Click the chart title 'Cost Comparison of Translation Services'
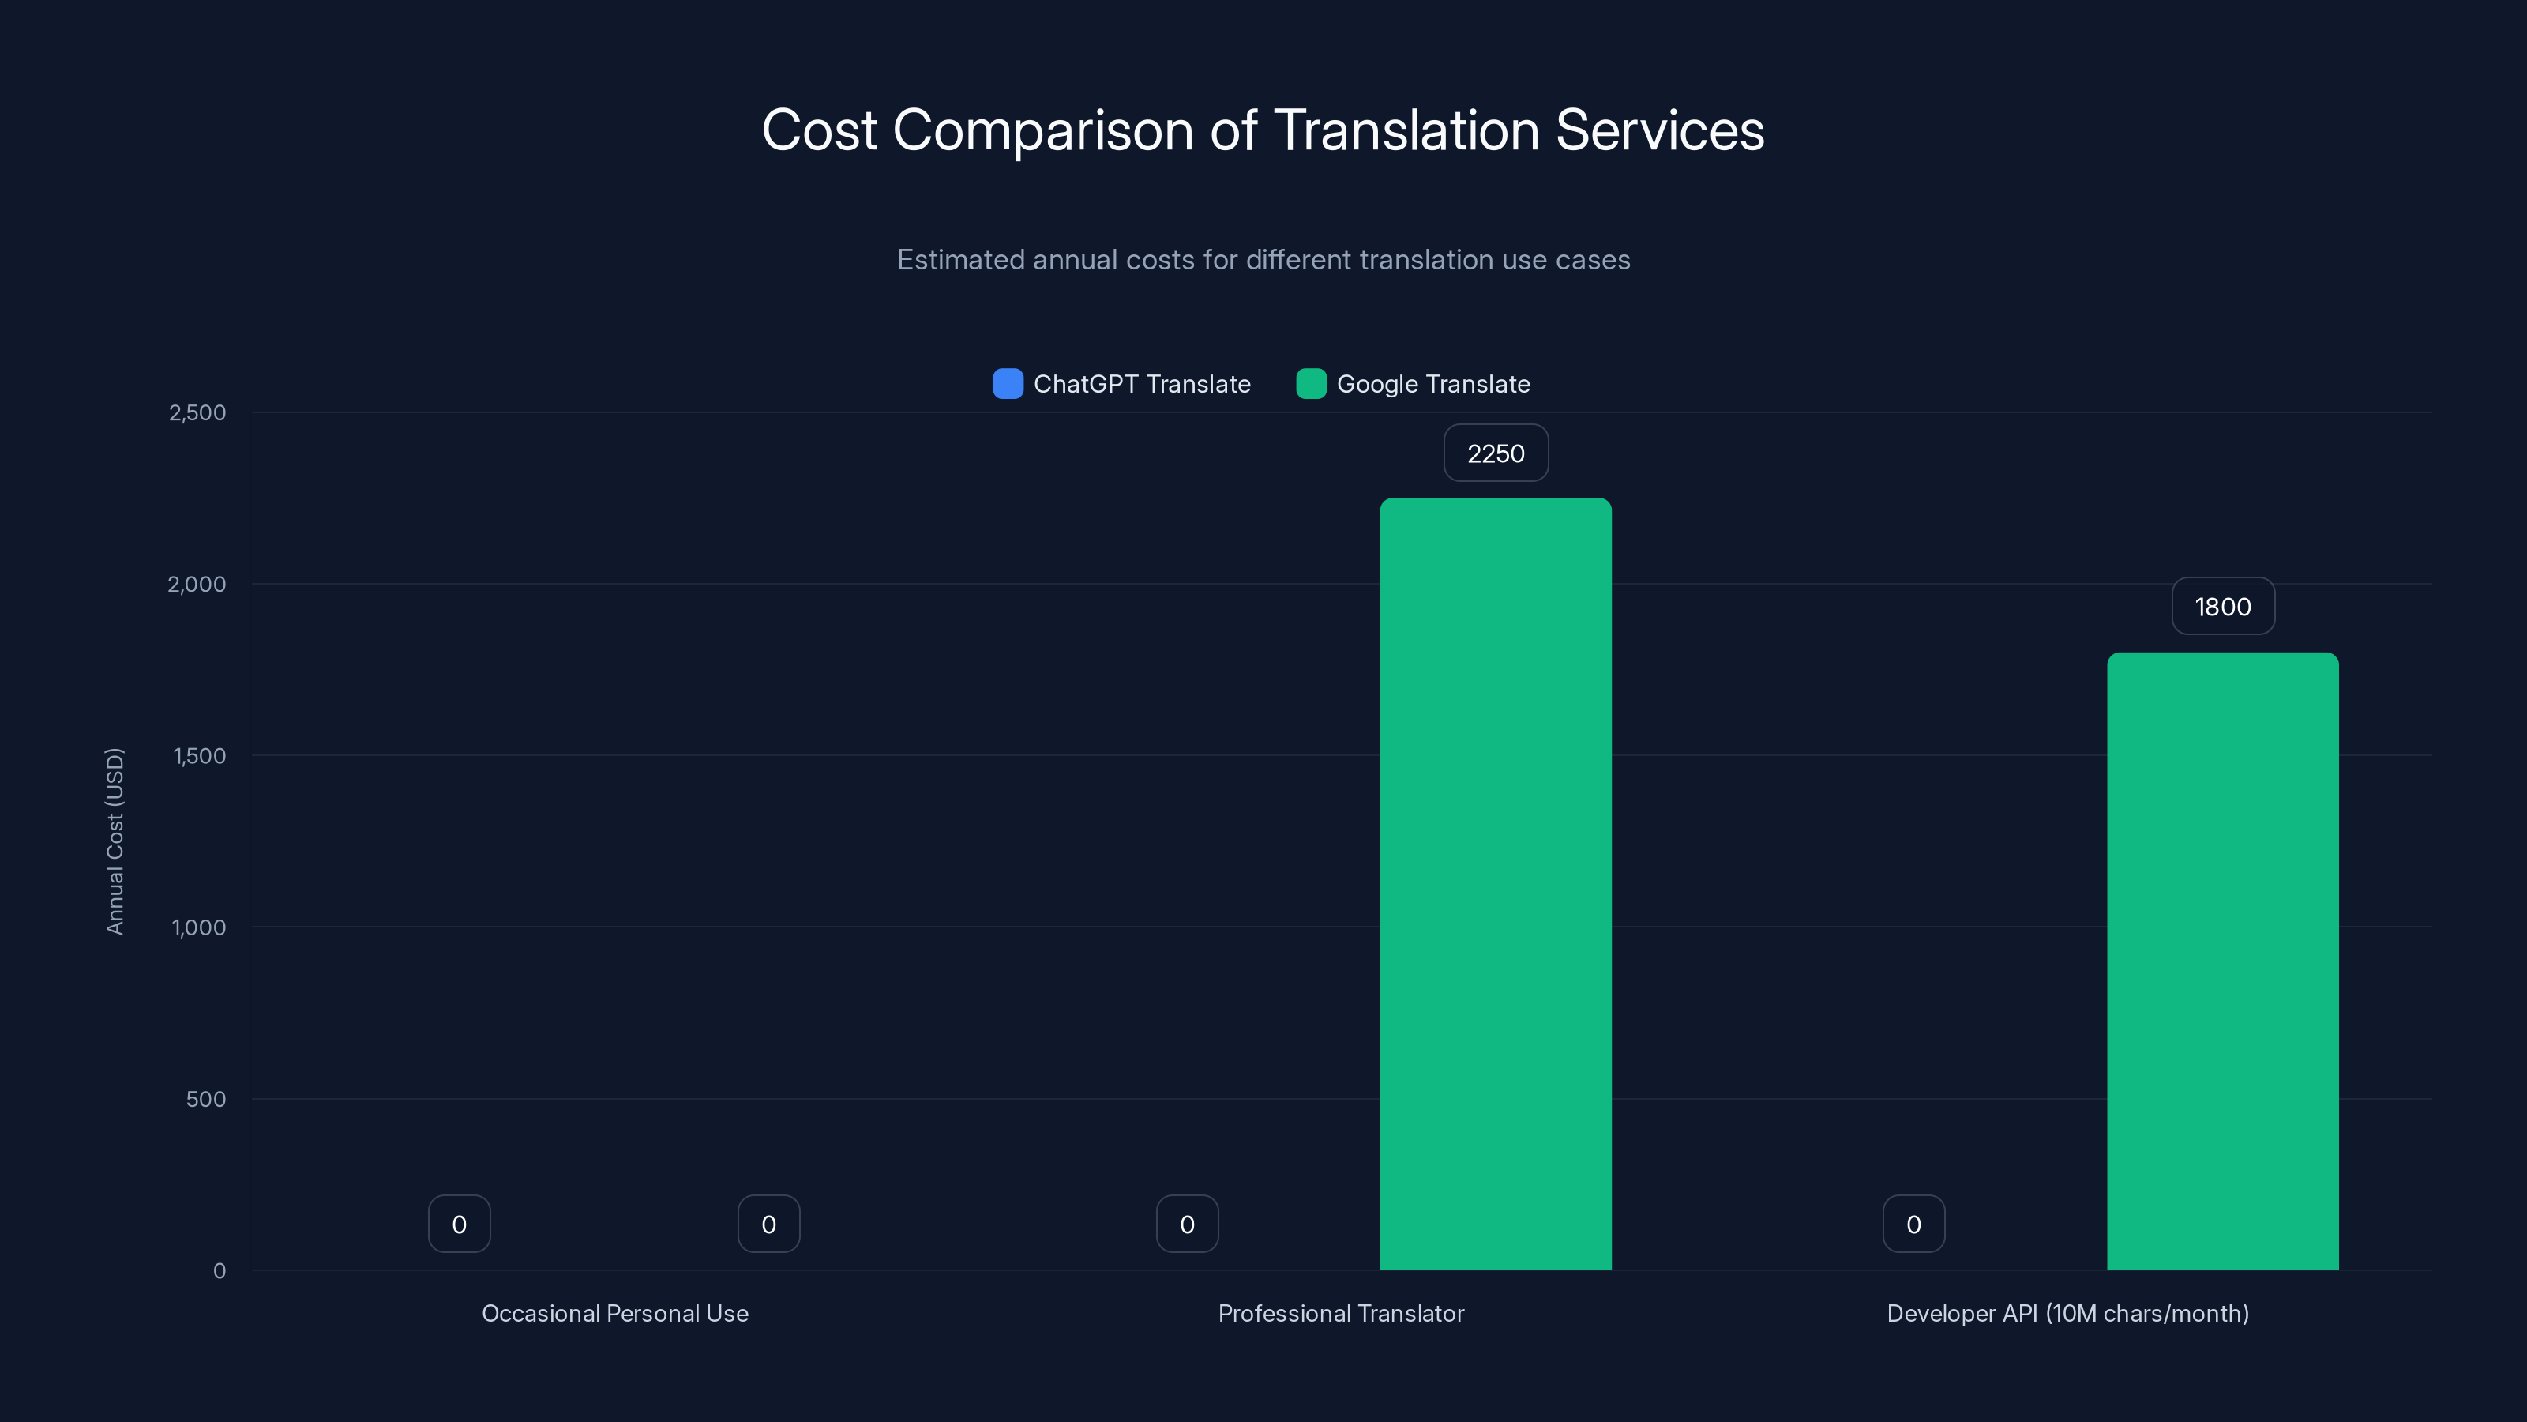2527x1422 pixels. pos(1263,130)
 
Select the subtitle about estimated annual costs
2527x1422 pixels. pos(1263,260)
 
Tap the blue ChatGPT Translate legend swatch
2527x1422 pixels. pos(1008,384)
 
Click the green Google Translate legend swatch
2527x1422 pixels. pos(1311,384)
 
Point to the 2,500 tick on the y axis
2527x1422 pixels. pos(197,413)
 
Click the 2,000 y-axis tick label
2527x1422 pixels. pos(197,585)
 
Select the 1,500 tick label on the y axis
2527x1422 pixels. pos(199,756)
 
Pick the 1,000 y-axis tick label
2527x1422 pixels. pos(199,927)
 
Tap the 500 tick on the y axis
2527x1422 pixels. pos(206,1099)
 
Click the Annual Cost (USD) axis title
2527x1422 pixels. pos(115,841)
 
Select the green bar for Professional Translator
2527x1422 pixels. pos(1495,883)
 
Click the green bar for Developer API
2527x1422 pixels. pos(2222,961)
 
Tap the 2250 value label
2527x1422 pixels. pos(1495,453)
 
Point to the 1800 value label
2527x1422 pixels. pos(2222,607)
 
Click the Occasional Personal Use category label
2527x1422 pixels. pos(615,1313)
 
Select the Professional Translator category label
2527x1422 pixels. pos(1340,1313)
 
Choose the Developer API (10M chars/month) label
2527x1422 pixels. pos(2067,1313)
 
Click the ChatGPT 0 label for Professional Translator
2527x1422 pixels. pos(1187,1224)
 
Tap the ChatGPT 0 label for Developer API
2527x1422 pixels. pos(1913,1224)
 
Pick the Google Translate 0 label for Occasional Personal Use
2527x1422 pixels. pos(768,1224)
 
